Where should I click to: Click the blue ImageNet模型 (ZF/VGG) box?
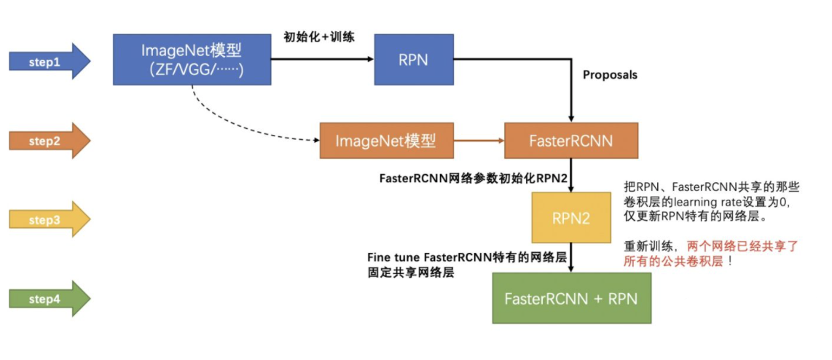pos(192,59)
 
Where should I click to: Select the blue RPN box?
pos(413,60)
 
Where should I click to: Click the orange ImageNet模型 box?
pos(386,141)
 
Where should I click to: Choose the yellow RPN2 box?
pos(571,217)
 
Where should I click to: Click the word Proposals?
pos(610,75)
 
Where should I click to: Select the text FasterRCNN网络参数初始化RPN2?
pos(473,178)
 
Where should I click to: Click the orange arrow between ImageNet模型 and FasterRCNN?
pos(479,141)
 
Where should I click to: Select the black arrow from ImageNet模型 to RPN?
pos(321,59)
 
